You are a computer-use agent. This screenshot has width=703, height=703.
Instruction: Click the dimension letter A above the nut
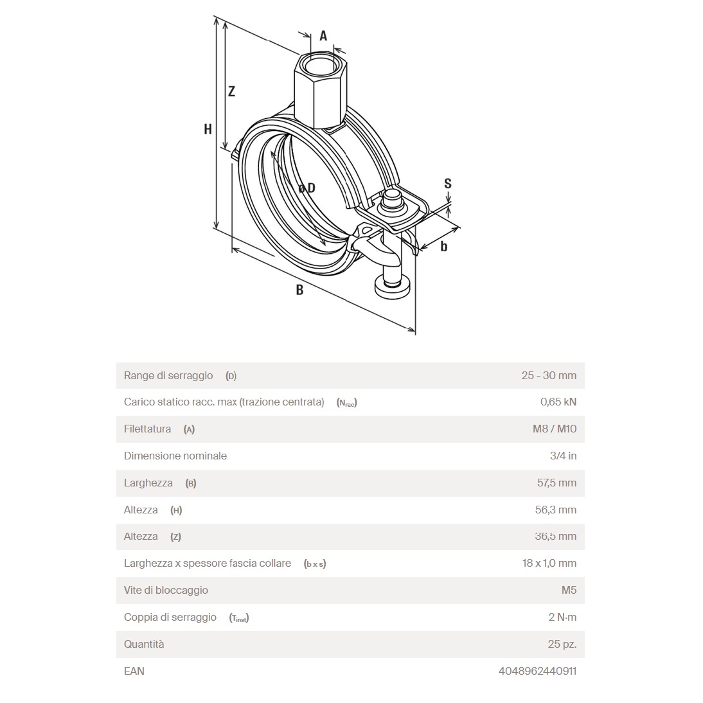tap(323, 36)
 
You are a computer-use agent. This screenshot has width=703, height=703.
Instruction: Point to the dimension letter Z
tap(232, 91)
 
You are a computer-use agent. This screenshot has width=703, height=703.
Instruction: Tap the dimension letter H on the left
tap(208, 129)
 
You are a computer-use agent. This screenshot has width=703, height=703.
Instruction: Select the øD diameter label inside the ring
tap(307, 188)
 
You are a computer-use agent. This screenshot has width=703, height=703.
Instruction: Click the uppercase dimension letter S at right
tap(448, 183)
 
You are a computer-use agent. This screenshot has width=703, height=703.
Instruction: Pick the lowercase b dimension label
tap(444, 246)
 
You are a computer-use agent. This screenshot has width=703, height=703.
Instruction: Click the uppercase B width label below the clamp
tap(299, 290)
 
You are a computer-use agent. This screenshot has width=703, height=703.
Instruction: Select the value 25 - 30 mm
tap(549, 375)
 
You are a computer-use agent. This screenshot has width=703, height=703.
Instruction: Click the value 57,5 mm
tap(556, 483)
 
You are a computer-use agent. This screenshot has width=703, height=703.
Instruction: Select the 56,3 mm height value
tap(556, 510)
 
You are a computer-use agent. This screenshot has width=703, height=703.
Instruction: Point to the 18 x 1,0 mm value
tap(549, 564)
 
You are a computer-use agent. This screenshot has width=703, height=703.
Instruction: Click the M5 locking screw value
tap(569, 590)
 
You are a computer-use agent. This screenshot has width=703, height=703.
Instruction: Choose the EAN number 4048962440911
tap(537, 671)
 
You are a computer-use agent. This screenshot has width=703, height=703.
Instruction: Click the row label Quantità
tap(144, 644)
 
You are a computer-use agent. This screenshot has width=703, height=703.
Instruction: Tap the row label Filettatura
tap(147, 429)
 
